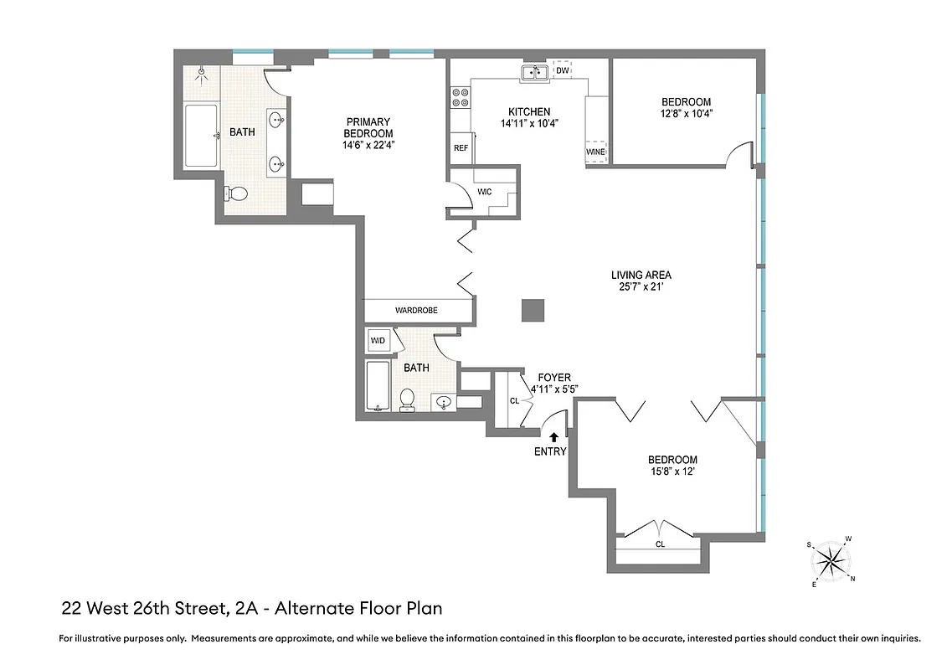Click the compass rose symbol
pos(831,560)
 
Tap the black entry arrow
pos(553,435)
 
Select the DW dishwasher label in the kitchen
pos(563,71)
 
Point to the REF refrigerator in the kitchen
pos(461,147)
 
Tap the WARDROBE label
pos(416,311)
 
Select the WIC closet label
pos(484,192)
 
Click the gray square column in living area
pos(533,310)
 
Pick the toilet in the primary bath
pos(236,194)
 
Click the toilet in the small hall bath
pos(408,399)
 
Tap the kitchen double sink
pos(534,74)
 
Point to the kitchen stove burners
pos(460,98)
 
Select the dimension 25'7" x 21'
pos(641,287)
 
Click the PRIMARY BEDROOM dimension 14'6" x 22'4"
pos(368,145)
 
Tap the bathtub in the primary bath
pos(201,136)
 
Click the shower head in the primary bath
pos(202,73)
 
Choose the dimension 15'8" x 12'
pos(672,472)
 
